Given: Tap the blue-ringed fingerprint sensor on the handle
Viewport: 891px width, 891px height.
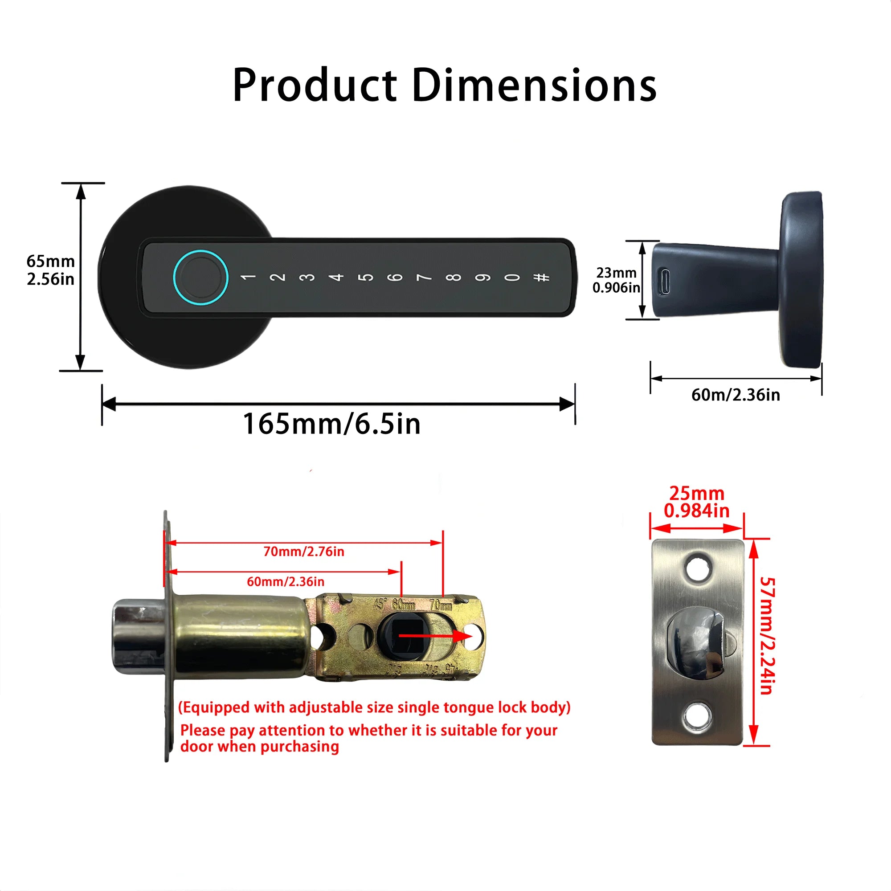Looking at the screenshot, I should [200, 277].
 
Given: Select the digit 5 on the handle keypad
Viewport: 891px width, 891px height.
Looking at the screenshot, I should [366, 277].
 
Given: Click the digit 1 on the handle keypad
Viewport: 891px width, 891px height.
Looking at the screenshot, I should [248, 277].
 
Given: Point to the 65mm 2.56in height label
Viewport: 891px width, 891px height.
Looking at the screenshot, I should [50, 270].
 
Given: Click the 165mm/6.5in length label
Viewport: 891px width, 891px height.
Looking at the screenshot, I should [331, 424].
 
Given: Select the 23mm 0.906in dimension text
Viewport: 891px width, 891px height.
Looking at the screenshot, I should [616, 280].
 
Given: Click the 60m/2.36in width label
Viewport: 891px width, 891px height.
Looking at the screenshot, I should [736, 395].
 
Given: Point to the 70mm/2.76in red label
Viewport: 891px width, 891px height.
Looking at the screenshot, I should [303, 552].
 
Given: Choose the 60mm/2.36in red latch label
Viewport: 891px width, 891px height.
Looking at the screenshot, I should [286, 581].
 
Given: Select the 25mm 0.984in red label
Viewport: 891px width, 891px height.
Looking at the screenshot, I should [696, 502].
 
